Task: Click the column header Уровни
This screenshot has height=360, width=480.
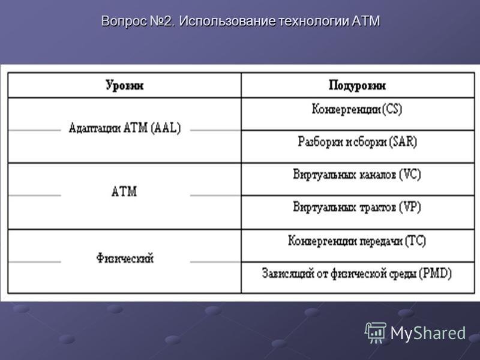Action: pyautogui.click(x=125, y=85)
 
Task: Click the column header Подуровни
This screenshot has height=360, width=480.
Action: pyautogui.click(x=357, y=85)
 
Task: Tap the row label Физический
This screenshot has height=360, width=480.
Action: pyautogui.click(x=125, y=259)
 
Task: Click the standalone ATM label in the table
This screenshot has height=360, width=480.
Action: pyautogui.click(x=124, y=191)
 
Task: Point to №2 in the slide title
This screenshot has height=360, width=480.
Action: pyautogui.click(x=163, y=21)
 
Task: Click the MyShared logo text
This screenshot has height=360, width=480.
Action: pyautogui.click(x=428, y=333)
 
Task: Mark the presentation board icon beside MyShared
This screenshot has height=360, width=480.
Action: pyautogui.click(x=376, y=332)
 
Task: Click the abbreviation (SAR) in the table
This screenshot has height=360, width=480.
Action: pyautogui.click(x=403, y=142)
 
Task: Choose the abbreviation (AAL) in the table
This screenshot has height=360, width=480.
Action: pyautogui.click(x=166, y=128)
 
